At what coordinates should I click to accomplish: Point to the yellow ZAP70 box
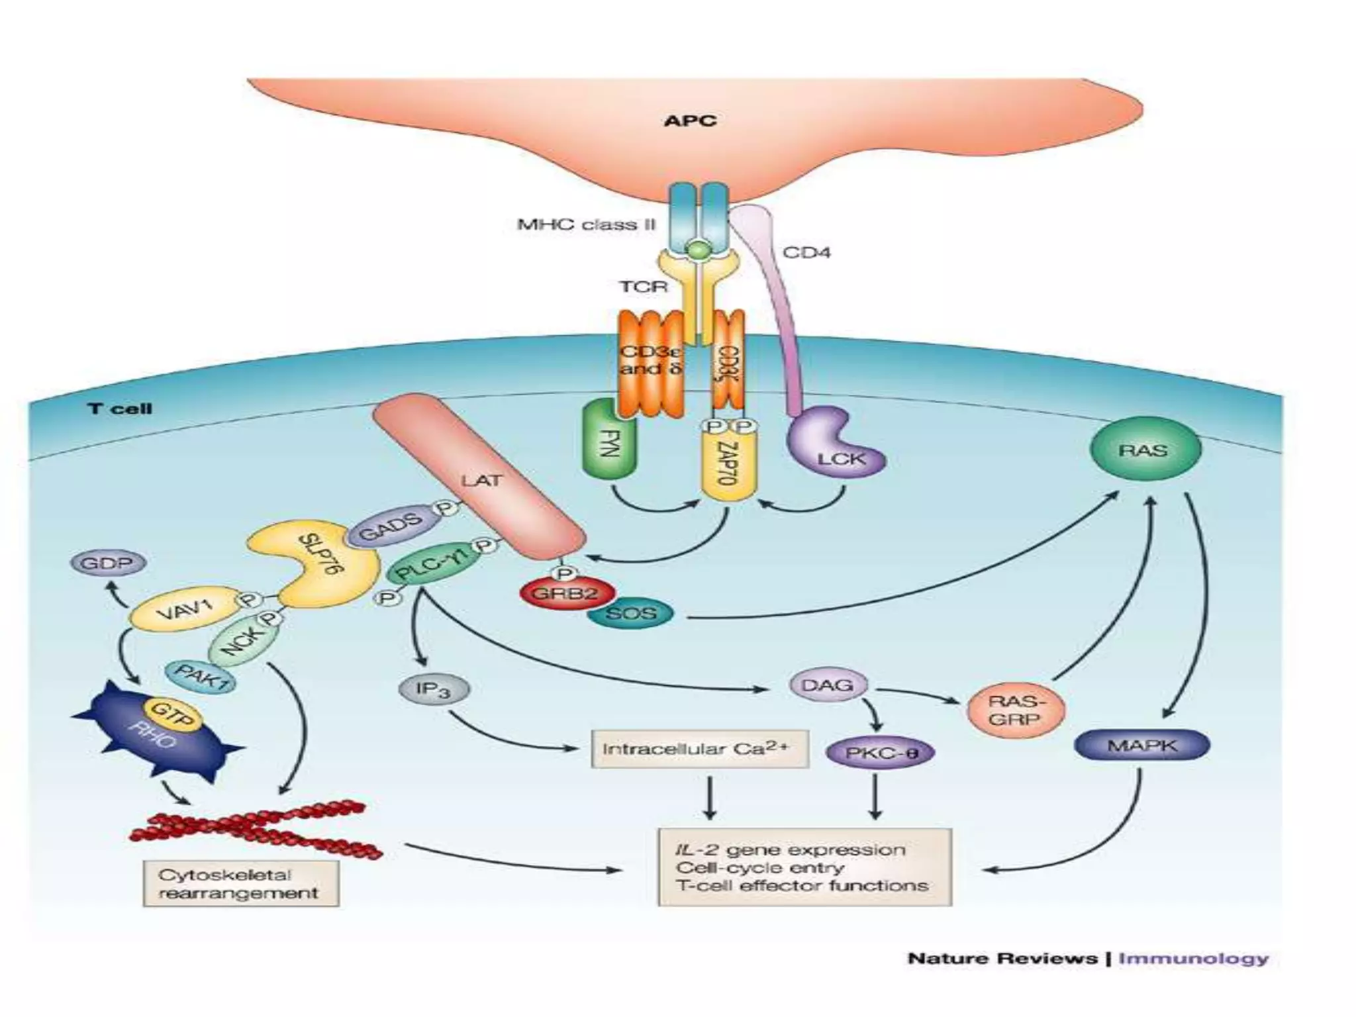(728, 467)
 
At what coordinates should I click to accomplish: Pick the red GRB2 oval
(566, 593)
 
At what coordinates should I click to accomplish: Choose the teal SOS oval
(630, 614)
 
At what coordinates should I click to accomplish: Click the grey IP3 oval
(434, 690)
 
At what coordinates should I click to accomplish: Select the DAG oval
(827, 685)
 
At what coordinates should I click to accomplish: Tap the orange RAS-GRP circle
(1016, 710)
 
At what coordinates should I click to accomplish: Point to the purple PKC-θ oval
(881, 753)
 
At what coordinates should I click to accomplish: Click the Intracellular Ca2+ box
(699, 749)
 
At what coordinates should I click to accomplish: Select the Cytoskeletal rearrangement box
(240, 884)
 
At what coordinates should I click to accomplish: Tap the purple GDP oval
(108, 564)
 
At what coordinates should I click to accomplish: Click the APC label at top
(689, 121)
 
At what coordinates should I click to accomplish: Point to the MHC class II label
(585, 224)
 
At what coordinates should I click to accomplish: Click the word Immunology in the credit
(1193, 958)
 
